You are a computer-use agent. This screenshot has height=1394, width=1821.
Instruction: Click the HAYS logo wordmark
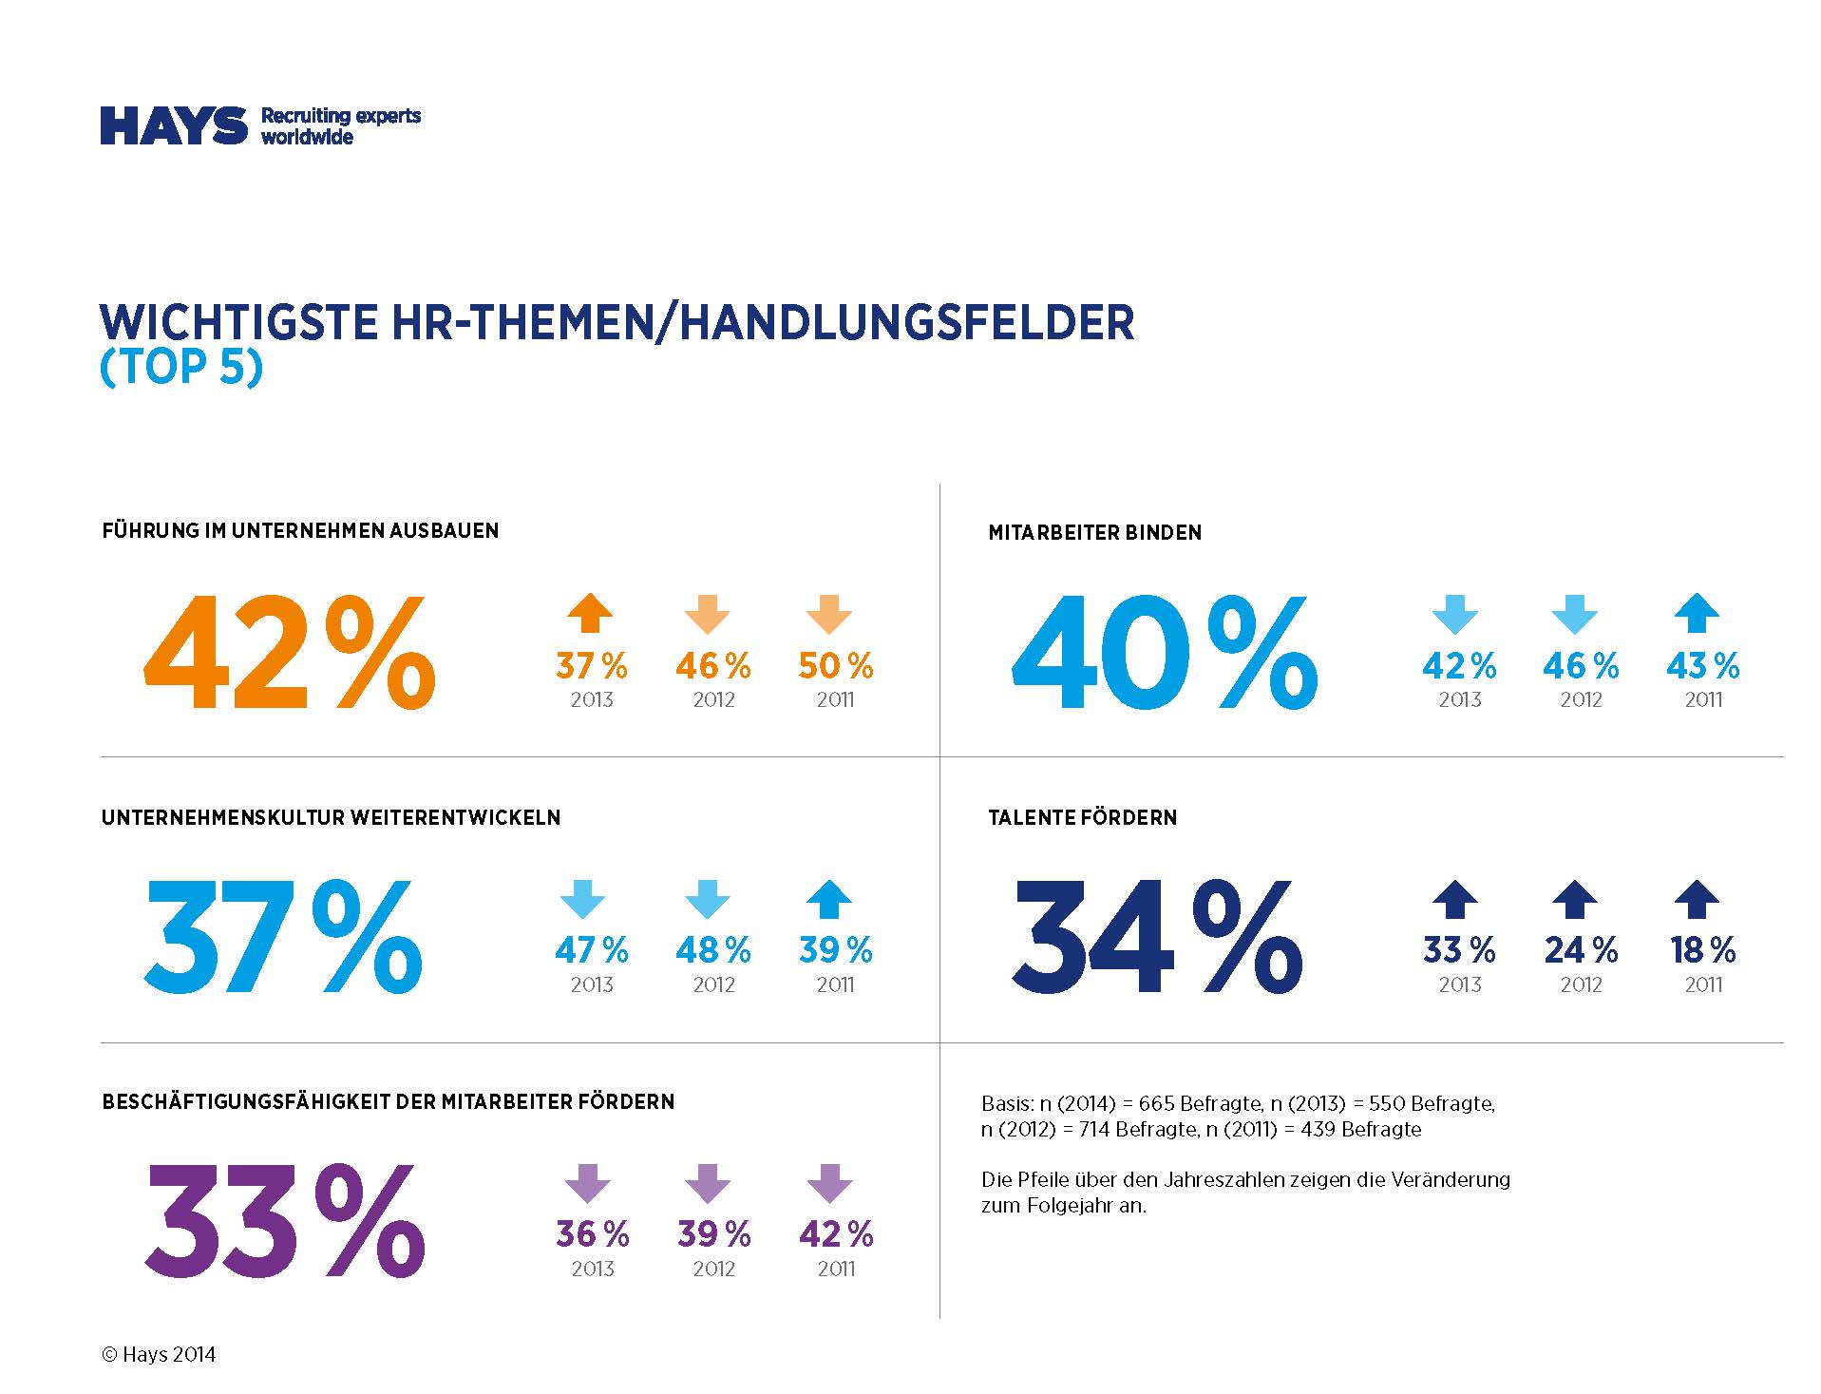[174, 125]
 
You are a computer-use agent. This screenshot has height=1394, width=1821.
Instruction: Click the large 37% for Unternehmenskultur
[283, 937]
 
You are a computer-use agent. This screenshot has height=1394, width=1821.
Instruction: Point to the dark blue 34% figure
[1156, 937]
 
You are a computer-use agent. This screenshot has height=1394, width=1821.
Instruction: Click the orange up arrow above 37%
[590, 613]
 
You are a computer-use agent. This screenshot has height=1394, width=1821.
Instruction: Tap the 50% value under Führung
[835, 666]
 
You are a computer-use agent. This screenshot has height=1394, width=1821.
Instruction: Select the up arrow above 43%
[1698, 613]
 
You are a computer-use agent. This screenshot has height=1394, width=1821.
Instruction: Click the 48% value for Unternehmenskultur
[713, 950]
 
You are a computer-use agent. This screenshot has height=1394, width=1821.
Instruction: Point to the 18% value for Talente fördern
[1703, 950]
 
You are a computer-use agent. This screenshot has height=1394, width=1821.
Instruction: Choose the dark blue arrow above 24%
[1575, 899]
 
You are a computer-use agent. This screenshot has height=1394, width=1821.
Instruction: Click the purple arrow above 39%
[708, 1183]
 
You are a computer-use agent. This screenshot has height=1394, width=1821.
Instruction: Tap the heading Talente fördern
[1082, 817]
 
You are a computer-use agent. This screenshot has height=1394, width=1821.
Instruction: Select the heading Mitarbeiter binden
[1094, 533]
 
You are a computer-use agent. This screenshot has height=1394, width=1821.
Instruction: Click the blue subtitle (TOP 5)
[180, 368]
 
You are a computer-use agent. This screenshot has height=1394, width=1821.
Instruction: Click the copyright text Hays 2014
[159, 1355]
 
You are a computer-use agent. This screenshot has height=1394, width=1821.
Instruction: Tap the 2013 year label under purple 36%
[593, 1269]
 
